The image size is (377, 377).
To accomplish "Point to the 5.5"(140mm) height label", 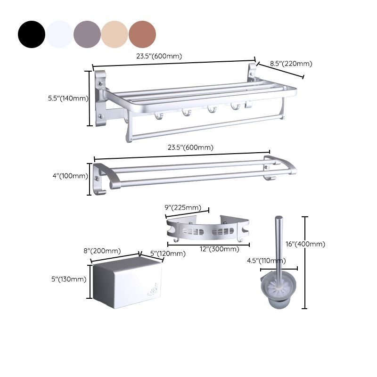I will coord(68,98).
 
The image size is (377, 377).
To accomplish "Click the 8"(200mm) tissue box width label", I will coord(102,251).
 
